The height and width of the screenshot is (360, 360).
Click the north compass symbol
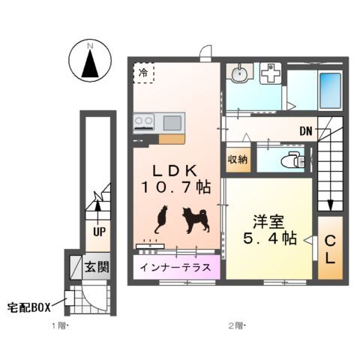tap(89, 60)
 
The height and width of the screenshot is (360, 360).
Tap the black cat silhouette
tap(160, 219)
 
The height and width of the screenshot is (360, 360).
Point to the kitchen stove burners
tap(144, 121)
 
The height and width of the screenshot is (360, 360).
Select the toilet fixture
tap(290, 160)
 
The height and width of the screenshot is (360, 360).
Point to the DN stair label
tap(306, 131)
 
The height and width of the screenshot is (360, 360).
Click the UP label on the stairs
tap(98, 232)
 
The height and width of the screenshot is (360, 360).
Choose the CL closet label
tap(329, 250)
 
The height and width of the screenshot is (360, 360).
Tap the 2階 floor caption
tap(237, 325)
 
